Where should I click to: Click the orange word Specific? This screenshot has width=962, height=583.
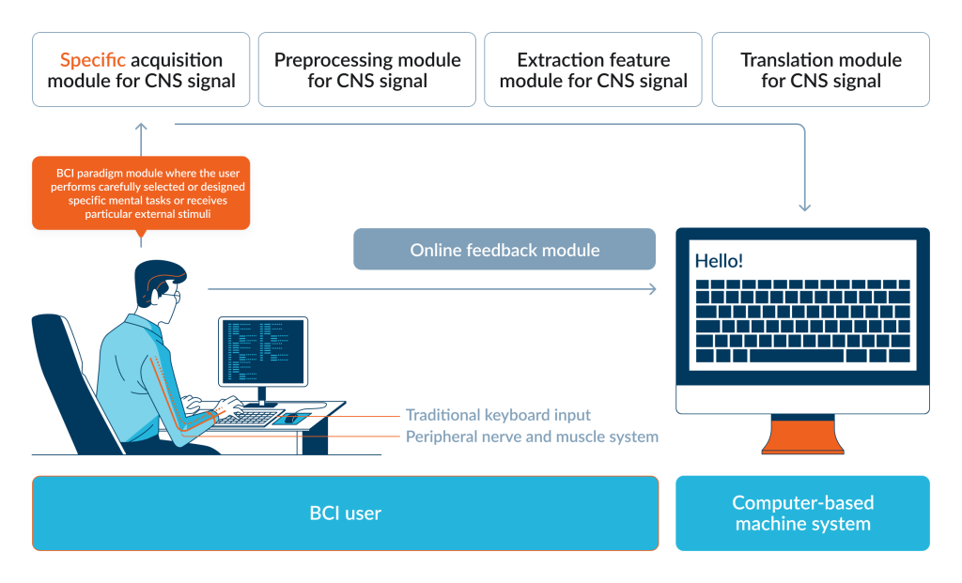coord(93,60)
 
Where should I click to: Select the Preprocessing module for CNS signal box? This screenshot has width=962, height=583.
coord(367,69)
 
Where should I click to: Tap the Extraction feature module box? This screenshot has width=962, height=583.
coord(594,69)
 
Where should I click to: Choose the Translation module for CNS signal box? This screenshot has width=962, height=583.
coord(821,69)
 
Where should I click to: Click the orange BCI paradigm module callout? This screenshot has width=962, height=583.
coord(141,193)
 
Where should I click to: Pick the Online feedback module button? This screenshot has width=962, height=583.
coord(504,250)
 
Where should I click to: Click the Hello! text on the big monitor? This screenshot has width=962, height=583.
coord(719,261)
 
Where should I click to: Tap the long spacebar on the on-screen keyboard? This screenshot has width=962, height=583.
coord(797,356)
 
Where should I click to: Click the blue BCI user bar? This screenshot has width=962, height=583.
coord(346,514)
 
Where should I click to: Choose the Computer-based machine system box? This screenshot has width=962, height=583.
coord(802,514)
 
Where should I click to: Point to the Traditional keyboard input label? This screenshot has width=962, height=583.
coord(498,415)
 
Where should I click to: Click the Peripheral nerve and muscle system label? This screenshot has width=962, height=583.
coord(532,437)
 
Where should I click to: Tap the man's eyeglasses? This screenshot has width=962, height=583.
coord(173,297)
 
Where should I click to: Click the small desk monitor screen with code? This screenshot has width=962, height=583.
coord(263,351)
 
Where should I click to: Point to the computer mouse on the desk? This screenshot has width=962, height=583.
coord(290,420)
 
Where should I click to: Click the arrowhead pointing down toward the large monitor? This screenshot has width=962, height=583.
coord(805,207)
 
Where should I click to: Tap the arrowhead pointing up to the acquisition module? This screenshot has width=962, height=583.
coord(141,127)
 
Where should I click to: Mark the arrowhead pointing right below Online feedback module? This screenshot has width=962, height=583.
coord(653,289)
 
